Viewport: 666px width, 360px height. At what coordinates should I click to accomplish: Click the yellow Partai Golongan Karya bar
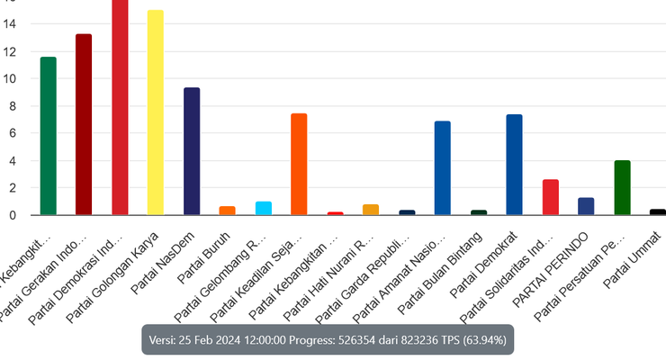[x=156, y=112]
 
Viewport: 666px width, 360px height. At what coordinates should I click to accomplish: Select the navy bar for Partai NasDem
[x=192, y=151]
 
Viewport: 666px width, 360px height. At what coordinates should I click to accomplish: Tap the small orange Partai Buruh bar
[x=228, y=211]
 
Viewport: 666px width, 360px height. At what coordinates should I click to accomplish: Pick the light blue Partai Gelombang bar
[x=264, y=208]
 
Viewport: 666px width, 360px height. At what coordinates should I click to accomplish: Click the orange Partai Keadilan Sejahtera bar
[x=300, y=164]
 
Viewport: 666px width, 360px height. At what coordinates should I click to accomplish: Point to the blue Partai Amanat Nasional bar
[x=443, y=167]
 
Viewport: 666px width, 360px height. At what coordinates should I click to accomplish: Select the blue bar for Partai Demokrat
[x=514, y=165]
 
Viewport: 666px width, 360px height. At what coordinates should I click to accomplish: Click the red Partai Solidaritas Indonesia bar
[x=550, y=197]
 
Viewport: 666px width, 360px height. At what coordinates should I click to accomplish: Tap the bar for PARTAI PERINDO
[x=586, y=206]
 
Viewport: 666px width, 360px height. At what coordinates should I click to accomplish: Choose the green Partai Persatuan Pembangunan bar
[x=622, y=187]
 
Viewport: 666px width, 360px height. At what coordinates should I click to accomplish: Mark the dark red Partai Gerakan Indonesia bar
[x=84, y=124]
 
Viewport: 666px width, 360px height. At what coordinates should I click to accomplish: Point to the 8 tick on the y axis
[x=11, y=106]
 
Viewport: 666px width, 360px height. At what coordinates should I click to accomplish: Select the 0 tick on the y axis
[x=11, y=215]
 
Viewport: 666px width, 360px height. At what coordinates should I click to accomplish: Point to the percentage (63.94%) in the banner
[x=482, y=341]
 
